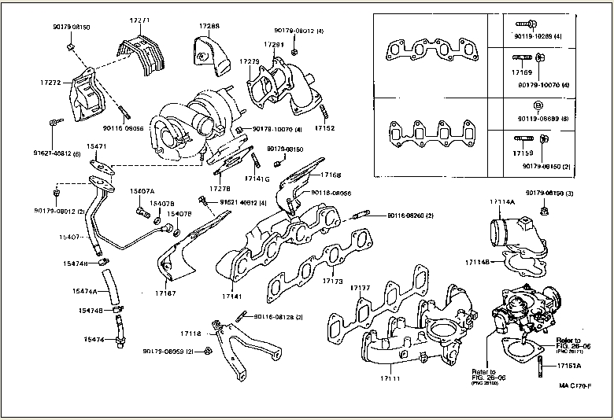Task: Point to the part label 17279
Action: (x=250, y=61)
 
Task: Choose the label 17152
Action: (x=324, y=127)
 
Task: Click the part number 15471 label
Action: (x=97, y=147)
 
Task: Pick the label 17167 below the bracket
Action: (x=165, y=293)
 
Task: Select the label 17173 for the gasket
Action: (x=333, y=281)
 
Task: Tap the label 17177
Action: (x=359, y=289)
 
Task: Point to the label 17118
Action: (x=191, y=333)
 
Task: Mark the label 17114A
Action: (x=501, y=202)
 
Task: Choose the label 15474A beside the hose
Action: (x=84, y=292)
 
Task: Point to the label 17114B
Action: (x=477, y=261)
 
